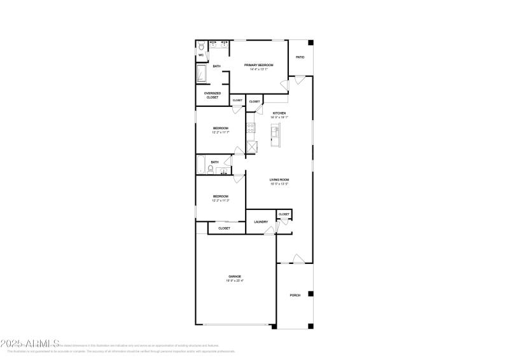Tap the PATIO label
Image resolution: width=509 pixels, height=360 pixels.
click(x=300, y=57)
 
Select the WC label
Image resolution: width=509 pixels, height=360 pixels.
click(x=201, y=55)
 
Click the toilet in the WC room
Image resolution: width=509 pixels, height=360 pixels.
click(x=201, y=46)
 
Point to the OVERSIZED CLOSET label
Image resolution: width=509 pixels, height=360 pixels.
click(x=212, y=95)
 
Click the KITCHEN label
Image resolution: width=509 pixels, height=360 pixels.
click(x=279, y=113)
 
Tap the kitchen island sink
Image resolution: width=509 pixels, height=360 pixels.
click(x=275, y=132)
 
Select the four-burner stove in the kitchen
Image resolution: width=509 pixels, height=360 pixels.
click(x=251, y=130)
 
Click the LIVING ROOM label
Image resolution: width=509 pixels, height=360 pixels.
click(x=279, y=180)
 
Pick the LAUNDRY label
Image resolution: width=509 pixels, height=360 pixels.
click(x=261, y=221)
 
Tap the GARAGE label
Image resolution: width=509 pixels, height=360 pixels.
click(x=235, y=276)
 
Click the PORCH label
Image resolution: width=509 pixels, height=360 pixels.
click(x=295, y=295)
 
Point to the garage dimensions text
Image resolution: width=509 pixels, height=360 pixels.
click(x=235, y=280)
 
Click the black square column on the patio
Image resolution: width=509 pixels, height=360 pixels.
click(x=311, y=43)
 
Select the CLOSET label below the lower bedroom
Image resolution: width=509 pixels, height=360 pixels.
click(x=224, y=228)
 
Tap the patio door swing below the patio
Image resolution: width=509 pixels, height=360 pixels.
click(x=300, y=81)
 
